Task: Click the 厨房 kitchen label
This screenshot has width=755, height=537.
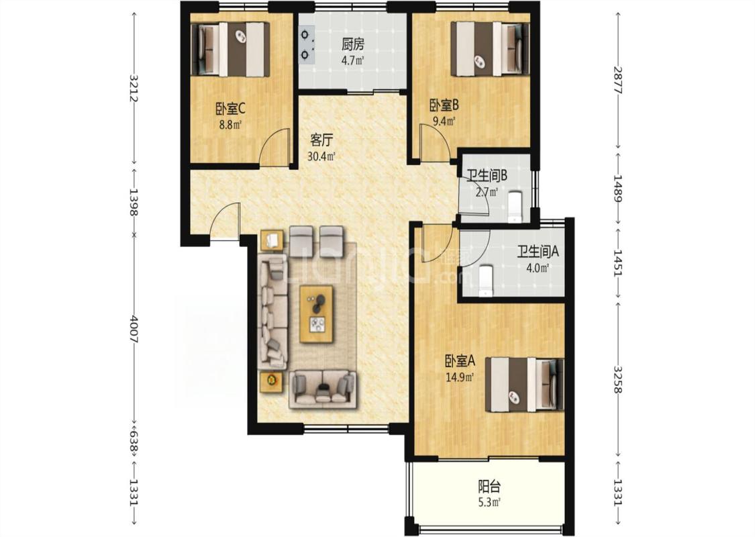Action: pos(353,45)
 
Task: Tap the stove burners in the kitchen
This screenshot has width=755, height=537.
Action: pos(305,45)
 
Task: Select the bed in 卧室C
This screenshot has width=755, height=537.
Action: pos(230,50)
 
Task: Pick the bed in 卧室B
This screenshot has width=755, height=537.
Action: pos(490,50)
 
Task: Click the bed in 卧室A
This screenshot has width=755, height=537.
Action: pos(524,385)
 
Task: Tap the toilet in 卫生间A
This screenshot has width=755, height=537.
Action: pos(486,281)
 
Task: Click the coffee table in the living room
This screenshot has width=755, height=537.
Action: pos(317,314)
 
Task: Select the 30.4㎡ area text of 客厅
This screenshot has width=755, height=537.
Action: pos(321,156)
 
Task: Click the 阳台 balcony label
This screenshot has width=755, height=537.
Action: pos(485,486)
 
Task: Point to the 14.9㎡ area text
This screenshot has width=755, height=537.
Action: pos(460,377)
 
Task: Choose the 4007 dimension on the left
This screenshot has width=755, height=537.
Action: pos(134,329)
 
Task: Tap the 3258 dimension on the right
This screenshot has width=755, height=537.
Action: pos(618,379)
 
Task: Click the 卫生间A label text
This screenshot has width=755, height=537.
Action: pos(538,252)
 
